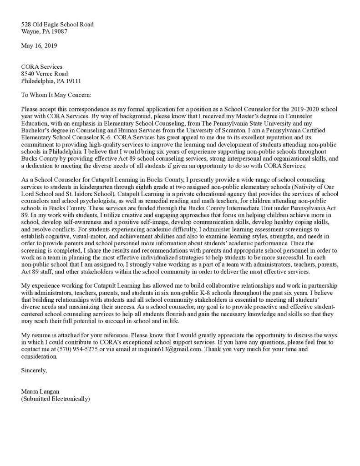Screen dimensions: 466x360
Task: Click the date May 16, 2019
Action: coord(39,46)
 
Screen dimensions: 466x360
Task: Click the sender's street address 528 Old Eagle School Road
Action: coord(58,24)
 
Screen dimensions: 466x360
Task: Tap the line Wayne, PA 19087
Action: coord(44,31)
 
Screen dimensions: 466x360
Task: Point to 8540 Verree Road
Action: coord(45,74)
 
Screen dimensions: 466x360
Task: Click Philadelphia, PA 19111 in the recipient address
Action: coord(51,81)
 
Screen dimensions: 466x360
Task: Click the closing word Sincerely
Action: coord(34,370)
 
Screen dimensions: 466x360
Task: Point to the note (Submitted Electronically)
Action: coord(56,399)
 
